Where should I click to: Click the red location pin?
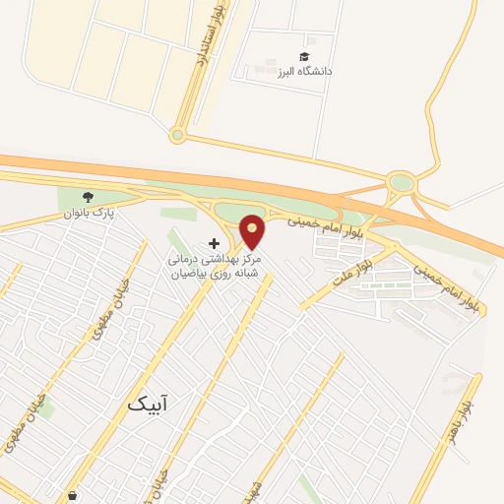252,230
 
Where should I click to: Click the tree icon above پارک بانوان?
89,197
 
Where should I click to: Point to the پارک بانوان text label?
90,212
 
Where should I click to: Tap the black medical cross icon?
215,243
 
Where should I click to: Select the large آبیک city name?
148,404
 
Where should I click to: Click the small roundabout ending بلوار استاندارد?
177,135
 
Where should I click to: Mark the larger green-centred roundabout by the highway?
401,182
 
